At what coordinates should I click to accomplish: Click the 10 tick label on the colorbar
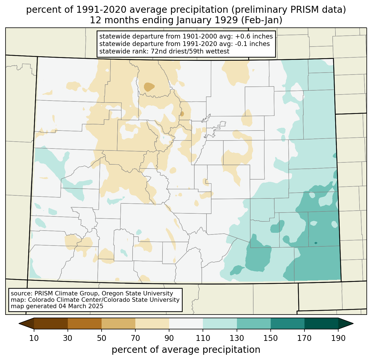(x=34, y=338)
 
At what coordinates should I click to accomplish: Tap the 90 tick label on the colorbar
(x=169, y=338)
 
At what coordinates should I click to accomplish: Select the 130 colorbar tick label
(x=237, y=338)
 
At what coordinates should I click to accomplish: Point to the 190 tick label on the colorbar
(x=338, y=338)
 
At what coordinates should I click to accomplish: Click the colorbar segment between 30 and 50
(x=84, y=323)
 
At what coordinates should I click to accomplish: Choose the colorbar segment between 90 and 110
(x=186, y=323)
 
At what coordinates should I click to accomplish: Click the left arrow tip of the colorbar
(x=19, y=323)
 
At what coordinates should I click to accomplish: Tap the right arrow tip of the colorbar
(x=353, y=323)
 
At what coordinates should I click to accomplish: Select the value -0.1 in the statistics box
(x=241, y=44)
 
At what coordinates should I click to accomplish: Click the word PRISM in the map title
(x=302, y=10)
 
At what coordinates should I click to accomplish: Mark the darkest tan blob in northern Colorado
(x=149, y=86)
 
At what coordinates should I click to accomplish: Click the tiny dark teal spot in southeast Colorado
(x=316, y=243)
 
